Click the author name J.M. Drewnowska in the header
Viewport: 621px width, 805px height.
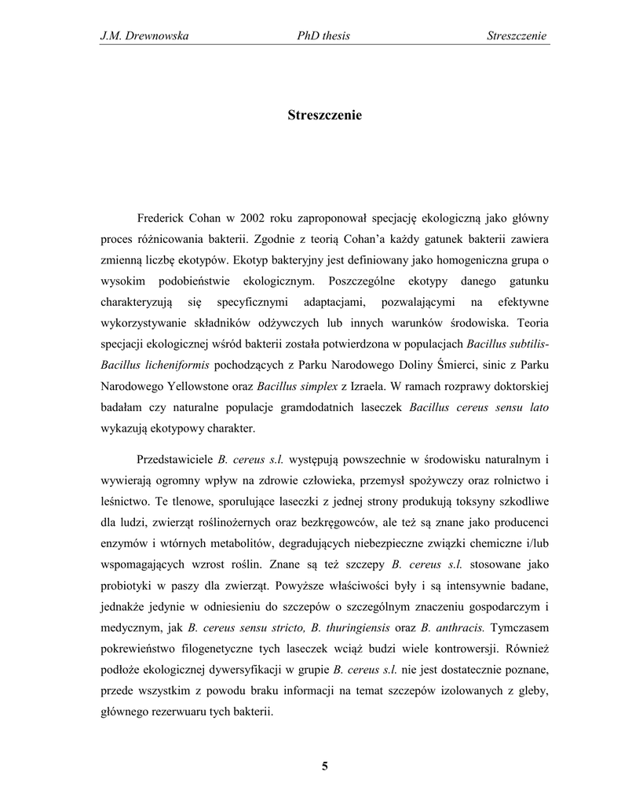[x=145, y=35]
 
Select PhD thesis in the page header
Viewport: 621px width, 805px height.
[x=320, y=35]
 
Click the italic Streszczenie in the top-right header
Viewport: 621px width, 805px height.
[x=517, y=35]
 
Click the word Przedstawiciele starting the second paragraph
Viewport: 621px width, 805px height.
[x=174, y=458]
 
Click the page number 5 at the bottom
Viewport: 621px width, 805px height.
[x=324, y=767]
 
